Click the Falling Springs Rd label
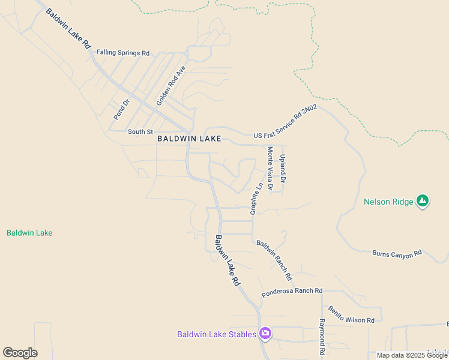click(123, 53)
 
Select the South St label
click(140, 131)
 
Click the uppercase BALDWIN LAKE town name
click(189, 139)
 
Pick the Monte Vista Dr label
click(270, 169)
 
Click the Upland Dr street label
click(283, 168)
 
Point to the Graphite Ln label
click(256, 199)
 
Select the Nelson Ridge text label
click(388, 202)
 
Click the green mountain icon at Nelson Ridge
click(423, 201)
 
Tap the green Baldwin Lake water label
click(29, 233)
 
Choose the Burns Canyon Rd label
click(397, 254)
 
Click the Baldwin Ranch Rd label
click(274, 260)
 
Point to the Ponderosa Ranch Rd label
click(292, 293)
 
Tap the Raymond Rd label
click(322, 336)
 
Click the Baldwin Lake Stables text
click(217, 334)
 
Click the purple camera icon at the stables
click(265, 334)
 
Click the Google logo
click(20, 353)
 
